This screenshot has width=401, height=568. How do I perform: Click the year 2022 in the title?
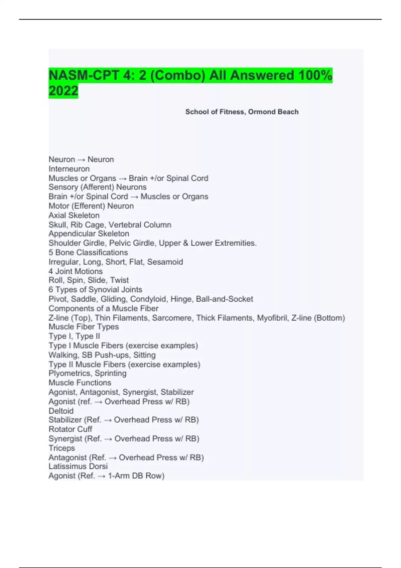(x=63, y=91)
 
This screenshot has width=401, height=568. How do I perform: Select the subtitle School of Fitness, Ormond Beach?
(x=242, y=112)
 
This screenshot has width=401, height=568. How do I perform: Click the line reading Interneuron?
(x=69, y=169)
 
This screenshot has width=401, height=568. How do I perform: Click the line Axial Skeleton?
(x=74, y=215)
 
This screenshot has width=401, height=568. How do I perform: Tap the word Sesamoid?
(x=165, y=262)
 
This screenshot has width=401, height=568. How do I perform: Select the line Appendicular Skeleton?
(x=89, y=234)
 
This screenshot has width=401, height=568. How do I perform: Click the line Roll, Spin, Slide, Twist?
(x=89, y=280)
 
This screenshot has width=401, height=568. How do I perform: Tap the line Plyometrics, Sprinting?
(x=87, y=373)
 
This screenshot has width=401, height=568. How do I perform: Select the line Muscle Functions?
(x=80, y=383)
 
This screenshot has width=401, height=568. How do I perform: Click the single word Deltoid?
(x=61, y=411)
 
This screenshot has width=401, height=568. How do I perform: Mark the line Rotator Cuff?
(x=70, y=429)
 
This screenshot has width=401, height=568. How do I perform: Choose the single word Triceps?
(x=61, y=448)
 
